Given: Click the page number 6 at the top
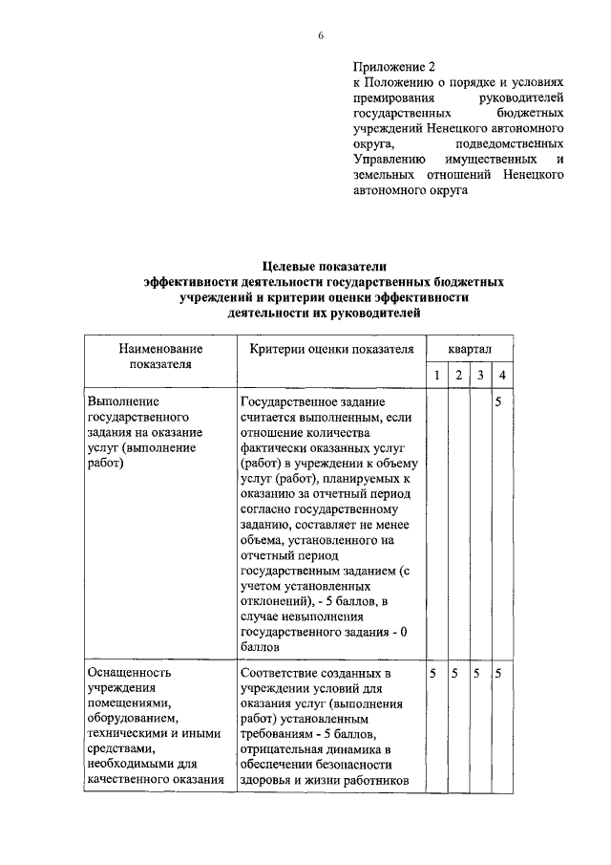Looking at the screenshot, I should pos(321,35).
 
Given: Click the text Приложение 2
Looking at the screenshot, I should pos(393,68).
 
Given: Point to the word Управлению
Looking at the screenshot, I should pos(390,160).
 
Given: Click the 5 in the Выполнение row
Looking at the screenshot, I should pos(501,401).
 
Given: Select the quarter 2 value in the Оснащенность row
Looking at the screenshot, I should pos(457,674).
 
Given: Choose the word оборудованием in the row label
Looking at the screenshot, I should pos(132,718).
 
